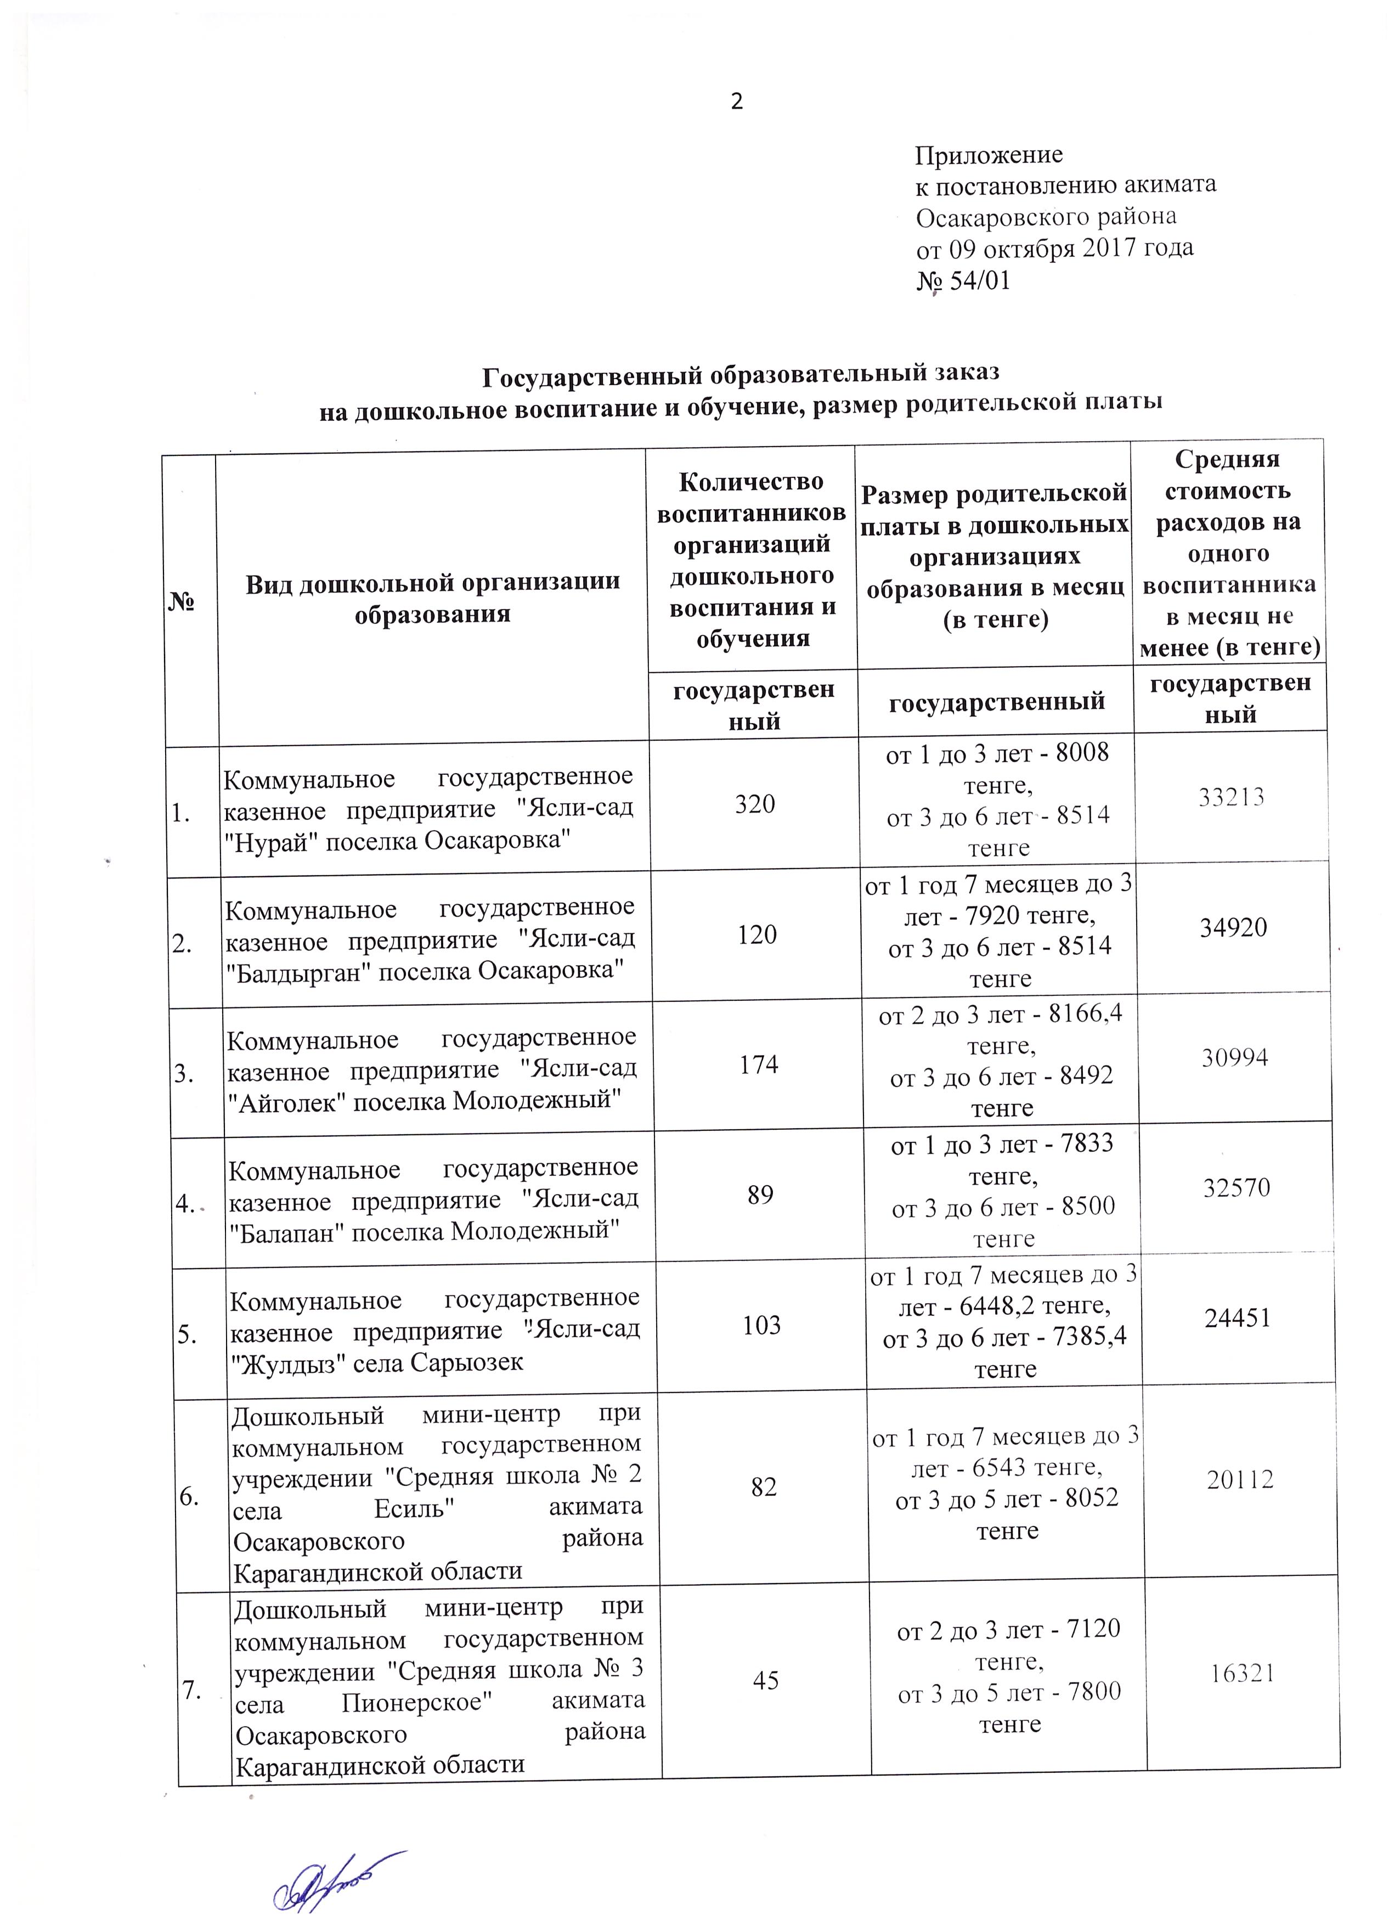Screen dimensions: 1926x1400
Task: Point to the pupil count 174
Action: (x=758, y=1064)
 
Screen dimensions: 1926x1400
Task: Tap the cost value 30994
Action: (x=1234, y=1057)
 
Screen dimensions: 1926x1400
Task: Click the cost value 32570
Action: (x=1236, y=1187)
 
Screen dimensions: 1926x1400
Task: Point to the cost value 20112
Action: (x=1240, y=1479)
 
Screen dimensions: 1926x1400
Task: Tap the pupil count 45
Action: (x=766, y=1680)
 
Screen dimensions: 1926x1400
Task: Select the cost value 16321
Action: (x=1241, y=1673)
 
